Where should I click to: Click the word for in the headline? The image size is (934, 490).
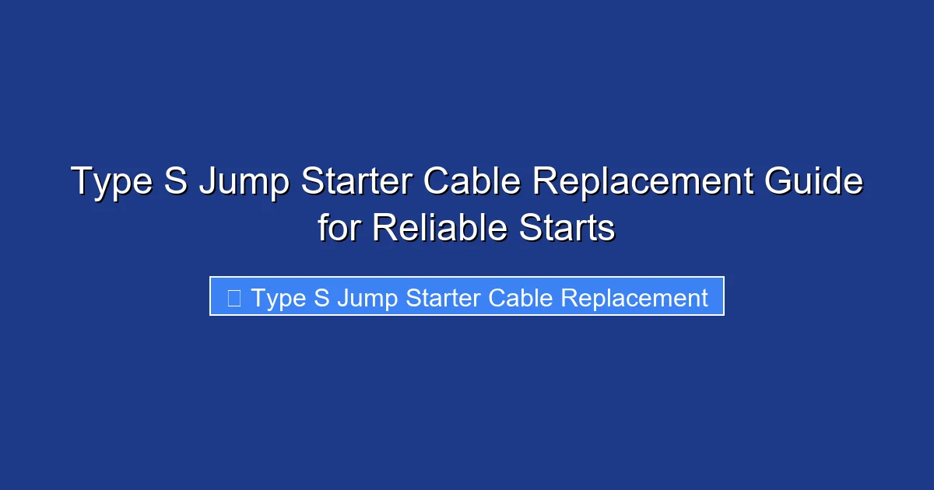(340, 229)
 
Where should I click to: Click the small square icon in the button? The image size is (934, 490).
(233, 297)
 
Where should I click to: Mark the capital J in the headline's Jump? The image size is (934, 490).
(208, 182)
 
